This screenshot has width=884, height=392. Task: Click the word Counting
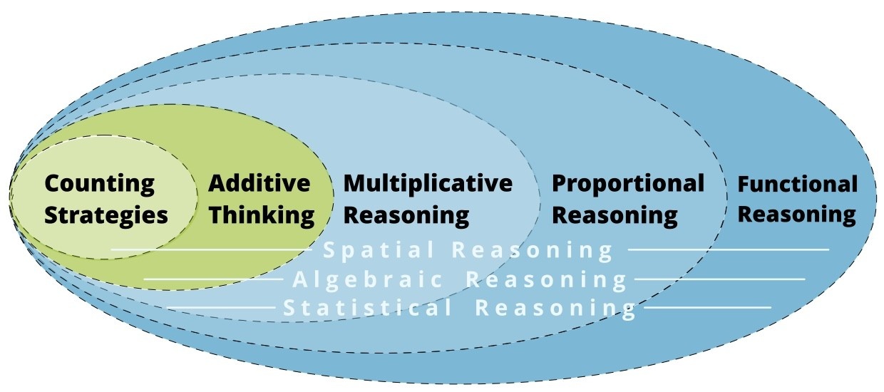[99, 184]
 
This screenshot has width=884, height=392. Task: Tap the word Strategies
[106, 215]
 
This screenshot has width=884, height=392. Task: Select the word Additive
[259, 184]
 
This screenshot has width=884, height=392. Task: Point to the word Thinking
[261, 215]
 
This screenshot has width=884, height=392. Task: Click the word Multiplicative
[428, 183]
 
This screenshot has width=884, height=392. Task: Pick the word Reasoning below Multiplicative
[406, 215]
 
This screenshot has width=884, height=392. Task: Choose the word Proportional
[628, 183]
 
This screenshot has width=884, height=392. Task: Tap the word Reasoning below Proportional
[615, 215]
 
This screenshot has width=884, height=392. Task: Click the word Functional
[797, 185]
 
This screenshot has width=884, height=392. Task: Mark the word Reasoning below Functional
[796, 215]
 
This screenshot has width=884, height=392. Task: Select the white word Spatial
[379, 250]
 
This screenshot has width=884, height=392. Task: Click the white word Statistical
[368, 309]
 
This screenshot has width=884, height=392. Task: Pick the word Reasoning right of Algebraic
[547, 279]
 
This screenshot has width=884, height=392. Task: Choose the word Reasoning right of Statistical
[555, 309]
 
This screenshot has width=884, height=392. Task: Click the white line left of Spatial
[214, 250]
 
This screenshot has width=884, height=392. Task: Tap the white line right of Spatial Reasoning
[728, 250]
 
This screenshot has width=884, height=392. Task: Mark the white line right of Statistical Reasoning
[706, 308]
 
